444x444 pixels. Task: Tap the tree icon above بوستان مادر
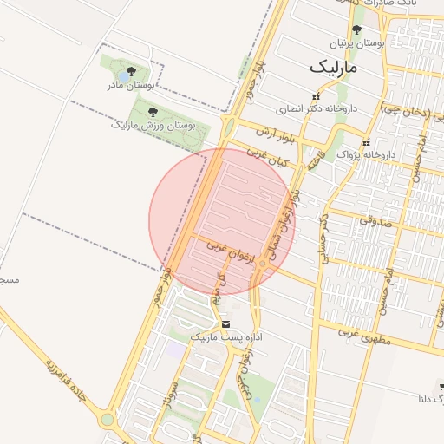coord(130,71)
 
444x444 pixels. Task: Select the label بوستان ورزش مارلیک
coord(153,125)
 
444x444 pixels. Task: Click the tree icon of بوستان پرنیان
coord(356,30)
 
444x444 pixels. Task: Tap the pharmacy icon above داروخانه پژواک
coord(367,142)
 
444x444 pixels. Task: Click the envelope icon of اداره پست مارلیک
coord(226,323)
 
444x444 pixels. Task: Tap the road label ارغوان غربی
coord(227,250)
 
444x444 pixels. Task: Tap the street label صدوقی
coord(381,222)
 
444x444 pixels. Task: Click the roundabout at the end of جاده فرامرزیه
coord(108,421)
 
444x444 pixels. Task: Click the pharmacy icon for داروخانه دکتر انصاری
coord(317,97)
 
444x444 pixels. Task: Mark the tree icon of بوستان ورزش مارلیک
coord(153,112)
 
